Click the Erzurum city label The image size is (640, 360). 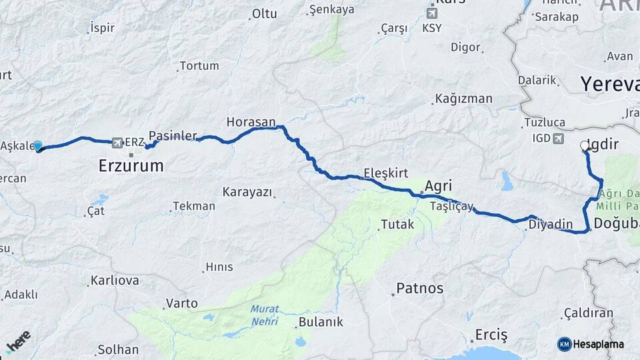tap(131, 166)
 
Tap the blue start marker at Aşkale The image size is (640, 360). tap(38, 147)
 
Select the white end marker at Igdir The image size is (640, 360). tap(585, 145)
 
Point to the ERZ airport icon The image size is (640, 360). tap(118, 142)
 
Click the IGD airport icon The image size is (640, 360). tap(557, 138)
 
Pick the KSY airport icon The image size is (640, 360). tap(432, 13)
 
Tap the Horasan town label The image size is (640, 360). tap(251, 122)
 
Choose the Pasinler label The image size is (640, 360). tap(173, 135)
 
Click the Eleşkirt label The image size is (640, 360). tap(386, 173)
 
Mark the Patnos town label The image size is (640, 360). tap(419, 288)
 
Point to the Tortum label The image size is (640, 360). tap(199, 66)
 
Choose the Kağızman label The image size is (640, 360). tap(463, 99)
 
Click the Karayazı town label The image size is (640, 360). tap(247, 192)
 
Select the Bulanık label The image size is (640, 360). tap(321, 322)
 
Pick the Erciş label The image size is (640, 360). tap(491, 334)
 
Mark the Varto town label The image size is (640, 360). tap(181, 303)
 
